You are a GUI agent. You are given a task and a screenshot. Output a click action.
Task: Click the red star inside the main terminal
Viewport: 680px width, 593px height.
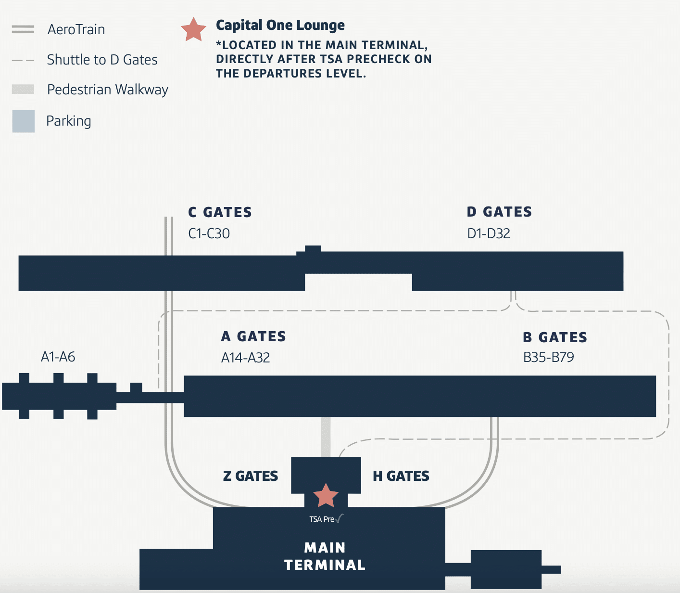point(326,496)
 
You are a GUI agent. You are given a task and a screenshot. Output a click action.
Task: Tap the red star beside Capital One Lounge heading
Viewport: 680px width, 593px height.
point(193,30)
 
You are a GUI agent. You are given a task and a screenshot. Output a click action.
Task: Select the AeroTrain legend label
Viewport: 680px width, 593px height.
point(76,29)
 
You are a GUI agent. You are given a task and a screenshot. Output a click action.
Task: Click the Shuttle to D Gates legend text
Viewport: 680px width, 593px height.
point(102,60)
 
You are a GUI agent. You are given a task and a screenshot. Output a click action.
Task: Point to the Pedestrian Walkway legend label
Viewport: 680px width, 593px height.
point(107,90)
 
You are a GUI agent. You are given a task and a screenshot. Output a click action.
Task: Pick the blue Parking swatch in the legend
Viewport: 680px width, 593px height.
point(23,121)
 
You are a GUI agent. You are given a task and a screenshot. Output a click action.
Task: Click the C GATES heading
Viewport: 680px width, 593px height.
point(220,212)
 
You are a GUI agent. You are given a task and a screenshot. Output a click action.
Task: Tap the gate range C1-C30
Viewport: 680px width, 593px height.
point(209,233)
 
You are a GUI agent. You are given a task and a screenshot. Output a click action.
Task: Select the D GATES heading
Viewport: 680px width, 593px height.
point(499,212)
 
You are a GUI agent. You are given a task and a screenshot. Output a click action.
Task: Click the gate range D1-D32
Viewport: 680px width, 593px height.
point(488,233)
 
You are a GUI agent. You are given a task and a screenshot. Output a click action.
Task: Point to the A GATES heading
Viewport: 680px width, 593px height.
point(253,336)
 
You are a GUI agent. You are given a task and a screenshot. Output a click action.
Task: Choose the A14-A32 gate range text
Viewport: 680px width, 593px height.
point(245,358)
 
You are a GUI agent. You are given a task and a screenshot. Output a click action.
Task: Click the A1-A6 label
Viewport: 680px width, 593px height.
point(58,357)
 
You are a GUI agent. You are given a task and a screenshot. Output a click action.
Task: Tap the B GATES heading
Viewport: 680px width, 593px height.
point(555,337)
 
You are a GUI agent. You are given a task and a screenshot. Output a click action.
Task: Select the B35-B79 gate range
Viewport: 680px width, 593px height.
point(548,357)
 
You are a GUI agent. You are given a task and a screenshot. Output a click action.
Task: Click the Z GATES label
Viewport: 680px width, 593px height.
point(251,476)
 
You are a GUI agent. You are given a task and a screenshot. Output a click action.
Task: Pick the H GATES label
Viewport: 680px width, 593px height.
point(401,476)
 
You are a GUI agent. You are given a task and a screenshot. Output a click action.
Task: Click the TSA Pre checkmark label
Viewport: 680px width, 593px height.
point(326,519)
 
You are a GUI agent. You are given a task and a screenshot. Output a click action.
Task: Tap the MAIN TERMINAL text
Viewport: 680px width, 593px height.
point(325,556)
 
